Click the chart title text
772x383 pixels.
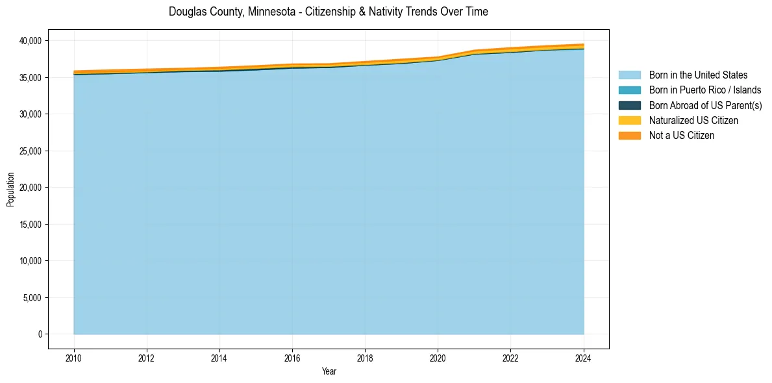point(328,12)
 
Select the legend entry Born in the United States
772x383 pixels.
point(698,75)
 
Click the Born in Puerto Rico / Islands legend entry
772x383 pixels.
point(705,90)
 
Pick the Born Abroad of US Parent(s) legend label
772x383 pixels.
point(705,105)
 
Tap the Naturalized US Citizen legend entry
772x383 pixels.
point(693,120)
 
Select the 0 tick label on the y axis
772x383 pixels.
point(40,334)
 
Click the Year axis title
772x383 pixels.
point(329,371)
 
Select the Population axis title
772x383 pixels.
point(10,190)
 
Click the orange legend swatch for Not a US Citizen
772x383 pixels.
point(629,135)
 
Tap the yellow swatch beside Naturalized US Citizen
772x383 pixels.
point(629,120)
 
